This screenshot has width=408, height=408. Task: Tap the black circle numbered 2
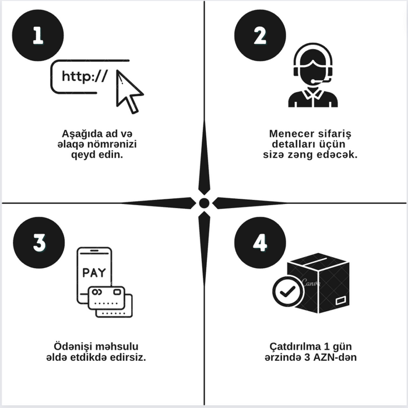tap(259, 35)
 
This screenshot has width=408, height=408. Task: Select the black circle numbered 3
tap(37, 242)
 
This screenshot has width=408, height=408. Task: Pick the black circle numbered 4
tap(259, 242)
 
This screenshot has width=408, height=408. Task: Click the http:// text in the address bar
tap(84, 76)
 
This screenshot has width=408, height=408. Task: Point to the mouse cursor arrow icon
tap(128, 91)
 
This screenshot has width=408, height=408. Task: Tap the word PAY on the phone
tap(94, 272)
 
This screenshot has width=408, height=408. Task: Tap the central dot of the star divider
tap(204, 203)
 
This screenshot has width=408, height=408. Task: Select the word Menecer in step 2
tap(291, 133)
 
